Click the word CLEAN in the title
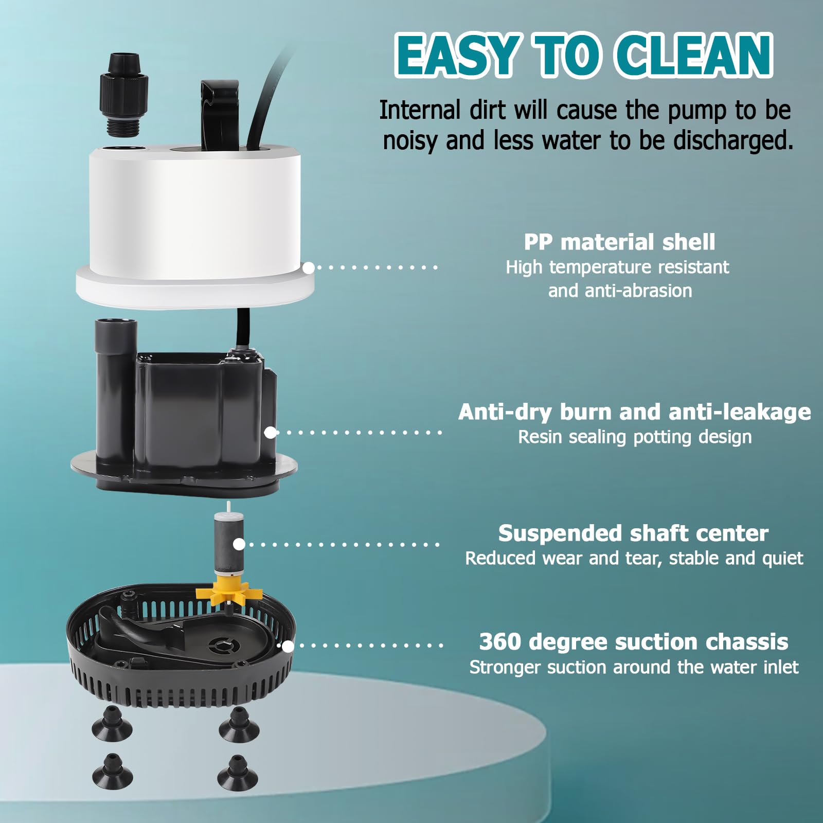click(694, 56)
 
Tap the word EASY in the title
click(458, 56)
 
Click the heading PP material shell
click(619, 242)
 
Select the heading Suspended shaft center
click(633, 533)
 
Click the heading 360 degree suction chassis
click(633, 642)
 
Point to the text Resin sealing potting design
click(635, 437)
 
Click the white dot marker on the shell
click(309, 267)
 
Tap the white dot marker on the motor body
click(271, 433)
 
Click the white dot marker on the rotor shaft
click(239, 544)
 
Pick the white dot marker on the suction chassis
click(288, 646)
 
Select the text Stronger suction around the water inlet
click(633, 668)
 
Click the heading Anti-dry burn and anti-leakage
click(634, 412)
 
